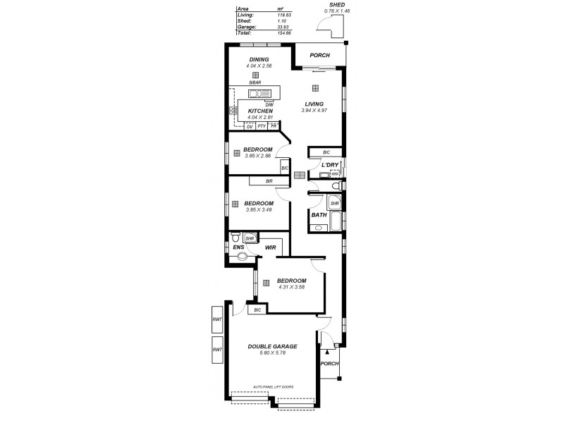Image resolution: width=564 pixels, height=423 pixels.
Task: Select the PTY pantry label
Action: [262, 126]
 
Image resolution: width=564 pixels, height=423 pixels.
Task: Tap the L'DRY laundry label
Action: [331, 166]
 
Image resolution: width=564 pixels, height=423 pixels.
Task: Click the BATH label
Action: [319, 214]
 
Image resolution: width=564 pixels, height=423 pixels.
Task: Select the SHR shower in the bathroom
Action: [334, 204]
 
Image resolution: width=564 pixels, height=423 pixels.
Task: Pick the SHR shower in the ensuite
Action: [249, 239]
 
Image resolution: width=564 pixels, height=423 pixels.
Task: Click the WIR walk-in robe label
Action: [270, 248]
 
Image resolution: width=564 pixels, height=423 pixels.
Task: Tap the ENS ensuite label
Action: [238, 247]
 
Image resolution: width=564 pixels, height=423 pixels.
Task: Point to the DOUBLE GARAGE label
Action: [271, 346]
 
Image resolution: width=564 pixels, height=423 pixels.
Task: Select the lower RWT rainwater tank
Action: [217, 349]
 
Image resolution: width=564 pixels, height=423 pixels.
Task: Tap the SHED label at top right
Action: [329, 5]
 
